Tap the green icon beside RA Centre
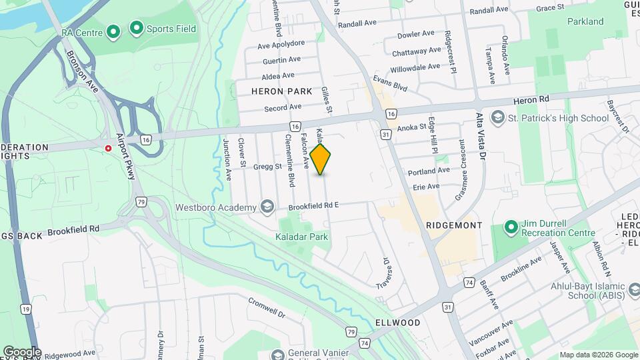[x=113, y=31]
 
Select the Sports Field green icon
[x=137, y=28]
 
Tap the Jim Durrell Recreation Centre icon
[x=511, y=228]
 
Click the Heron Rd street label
[x=531, y=99]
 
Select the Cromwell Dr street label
[x=267, y=308]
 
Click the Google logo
[x=21, y=351]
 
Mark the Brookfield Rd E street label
[x=314, y=205]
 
